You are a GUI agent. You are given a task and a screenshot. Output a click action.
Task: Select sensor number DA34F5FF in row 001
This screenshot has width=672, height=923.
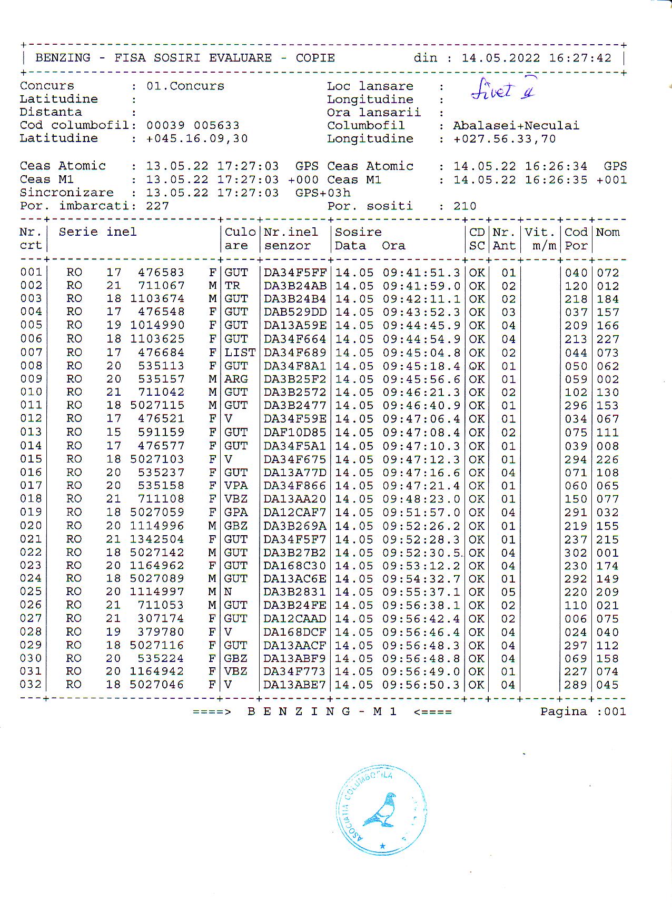[x=295, y=273]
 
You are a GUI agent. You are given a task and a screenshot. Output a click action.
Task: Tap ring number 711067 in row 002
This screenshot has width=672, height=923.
[x=161, y=286]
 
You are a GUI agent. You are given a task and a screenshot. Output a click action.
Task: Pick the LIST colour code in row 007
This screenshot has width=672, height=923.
[x=240, y=353]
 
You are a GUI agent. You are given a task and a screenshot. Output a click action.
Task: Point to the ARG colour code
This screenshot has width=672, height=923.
[x=236, y=379]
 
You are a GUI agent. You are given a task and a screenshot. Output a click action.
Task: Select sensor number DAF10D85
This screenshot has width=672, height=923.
[x=295, y=433]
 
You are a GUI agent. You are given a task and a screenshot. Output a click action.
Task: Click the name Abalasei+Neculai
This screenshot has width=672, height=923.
[x=516, y=126]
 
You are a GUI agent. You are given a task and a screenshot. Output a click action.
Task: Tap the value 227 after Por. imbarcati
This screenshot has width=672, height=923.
[x=157, y=206]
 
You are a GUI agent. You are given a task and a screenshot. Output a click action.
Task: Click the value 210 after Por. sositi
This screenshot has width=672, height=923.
[x=465, y=206]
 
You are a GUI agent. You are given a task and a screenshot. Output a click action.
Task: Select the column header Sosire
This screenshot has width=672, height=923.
[x=358, y=232]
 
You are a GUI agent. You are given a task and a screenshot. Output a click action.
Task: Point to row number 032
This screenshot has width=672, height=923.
[x=31, y=685]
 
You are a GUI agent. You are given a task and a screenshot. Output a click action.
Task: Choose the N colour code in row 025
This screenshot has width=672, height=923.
[x=228, y=592]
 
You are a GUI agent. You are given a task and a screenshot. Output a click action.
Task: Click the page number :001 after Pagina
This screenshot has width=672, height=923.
[x=612, y=712]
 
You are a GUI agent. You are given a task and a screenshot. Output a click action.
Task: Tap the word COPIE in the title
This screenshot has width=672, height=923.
[x=315, y=58]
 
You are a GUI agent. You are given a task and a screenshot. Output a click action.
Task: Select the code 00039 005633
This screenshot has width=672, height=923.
[x=193, y=126]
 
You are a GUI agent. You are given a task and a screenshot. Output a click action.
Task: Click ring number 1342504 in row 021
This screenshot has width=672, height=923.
[x=157, y=539]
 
